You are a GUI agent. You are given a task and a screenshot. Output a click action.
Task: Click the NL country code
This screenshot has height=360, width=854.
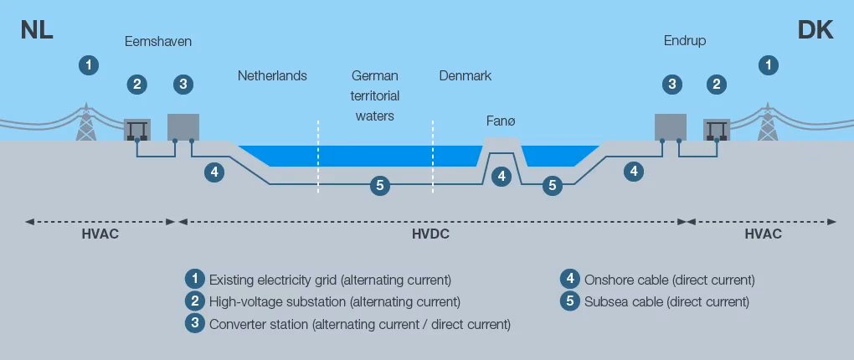37,31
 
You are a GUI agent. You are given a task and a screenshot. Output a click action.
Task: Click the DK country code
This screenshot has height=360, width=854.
815,31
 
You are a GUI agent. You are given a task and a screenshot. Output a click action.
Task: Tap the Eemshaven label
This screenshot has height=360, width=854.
158,41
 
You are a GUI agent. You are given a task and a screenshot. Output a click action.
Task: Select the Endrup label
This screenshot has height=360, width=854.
685,40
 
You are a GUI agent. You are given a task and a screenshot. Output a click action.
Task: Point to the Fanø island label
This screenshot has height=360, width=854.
501,121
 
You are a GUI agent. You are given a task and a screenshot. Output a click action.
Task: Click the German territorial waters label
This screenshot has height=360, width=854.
374,95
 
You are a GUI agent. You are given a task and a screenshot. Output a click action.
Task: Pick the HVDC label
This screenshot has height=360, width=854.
430,234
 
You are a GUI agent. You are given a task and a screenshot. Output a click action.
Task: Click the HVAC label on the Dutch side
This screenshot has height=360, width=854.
100,234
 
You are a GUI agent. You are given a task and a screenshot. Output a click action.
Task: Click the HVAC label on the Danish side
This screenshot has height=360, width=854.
763,234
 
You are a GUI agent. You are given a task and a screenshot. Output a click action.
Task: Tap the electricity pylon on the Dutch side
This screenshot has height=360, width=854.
85,122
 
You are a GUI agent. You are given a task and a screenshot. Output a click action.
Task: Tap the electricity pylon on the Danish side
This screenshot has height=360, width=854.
767,122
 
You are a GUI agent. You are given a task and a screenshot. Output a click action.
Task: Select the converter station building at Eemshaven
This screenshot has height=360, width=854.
183,126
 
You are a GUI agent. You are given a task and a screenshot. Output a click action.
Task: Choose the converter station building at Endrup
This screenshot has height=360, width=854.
670,126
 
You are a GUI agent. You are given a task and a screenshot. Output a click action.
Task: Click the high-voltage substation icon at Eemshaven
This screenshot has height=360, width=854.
137,129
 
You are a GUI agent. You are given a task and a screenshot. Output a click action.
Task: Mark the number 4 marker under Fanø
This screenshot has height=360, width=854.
501,176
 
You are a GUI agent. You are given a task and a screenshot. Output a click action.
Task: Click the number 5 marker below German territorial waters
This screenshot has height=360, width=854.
380,185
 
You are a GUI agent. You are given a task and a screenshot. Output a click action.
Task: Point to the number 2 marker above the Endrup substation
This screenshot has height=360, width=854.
716,84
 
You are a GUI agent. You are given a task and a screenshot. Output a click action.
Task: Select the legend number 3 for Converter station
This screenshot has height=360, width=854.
195,323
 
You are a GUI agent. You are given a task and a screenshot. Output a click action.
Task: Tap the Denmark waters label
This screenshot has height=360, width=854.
465,76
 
